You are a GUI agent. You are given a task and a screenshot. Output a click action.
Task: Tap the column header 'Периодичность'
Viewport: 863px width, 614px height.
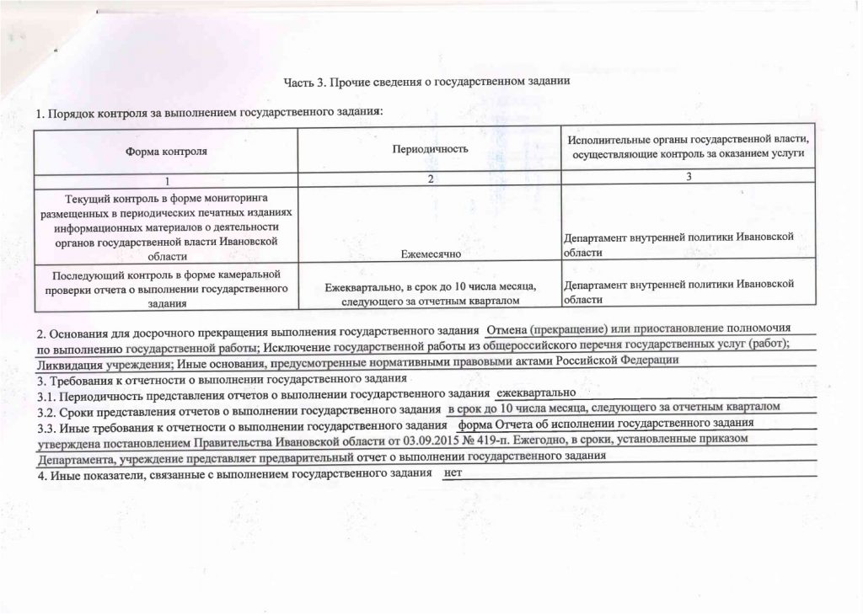[x=430, y=149]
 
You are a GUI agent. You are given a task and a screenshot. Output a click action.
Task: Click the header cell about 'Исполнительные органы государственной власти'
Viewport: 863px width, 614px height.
[x=688, y=147]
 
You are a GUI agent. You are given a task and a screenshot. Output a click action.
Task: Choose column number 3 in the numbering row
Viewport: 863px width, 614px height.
[x=689, y=176]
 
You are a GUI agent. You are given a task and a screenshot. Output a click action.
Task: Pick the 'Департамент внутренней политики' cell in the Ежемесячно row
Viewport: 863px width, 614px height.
[x=679, y=244]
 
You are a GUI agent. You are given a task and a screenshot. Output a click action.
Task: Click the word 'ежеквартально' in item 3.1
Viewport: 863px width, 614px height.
[x=536, y=393]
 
